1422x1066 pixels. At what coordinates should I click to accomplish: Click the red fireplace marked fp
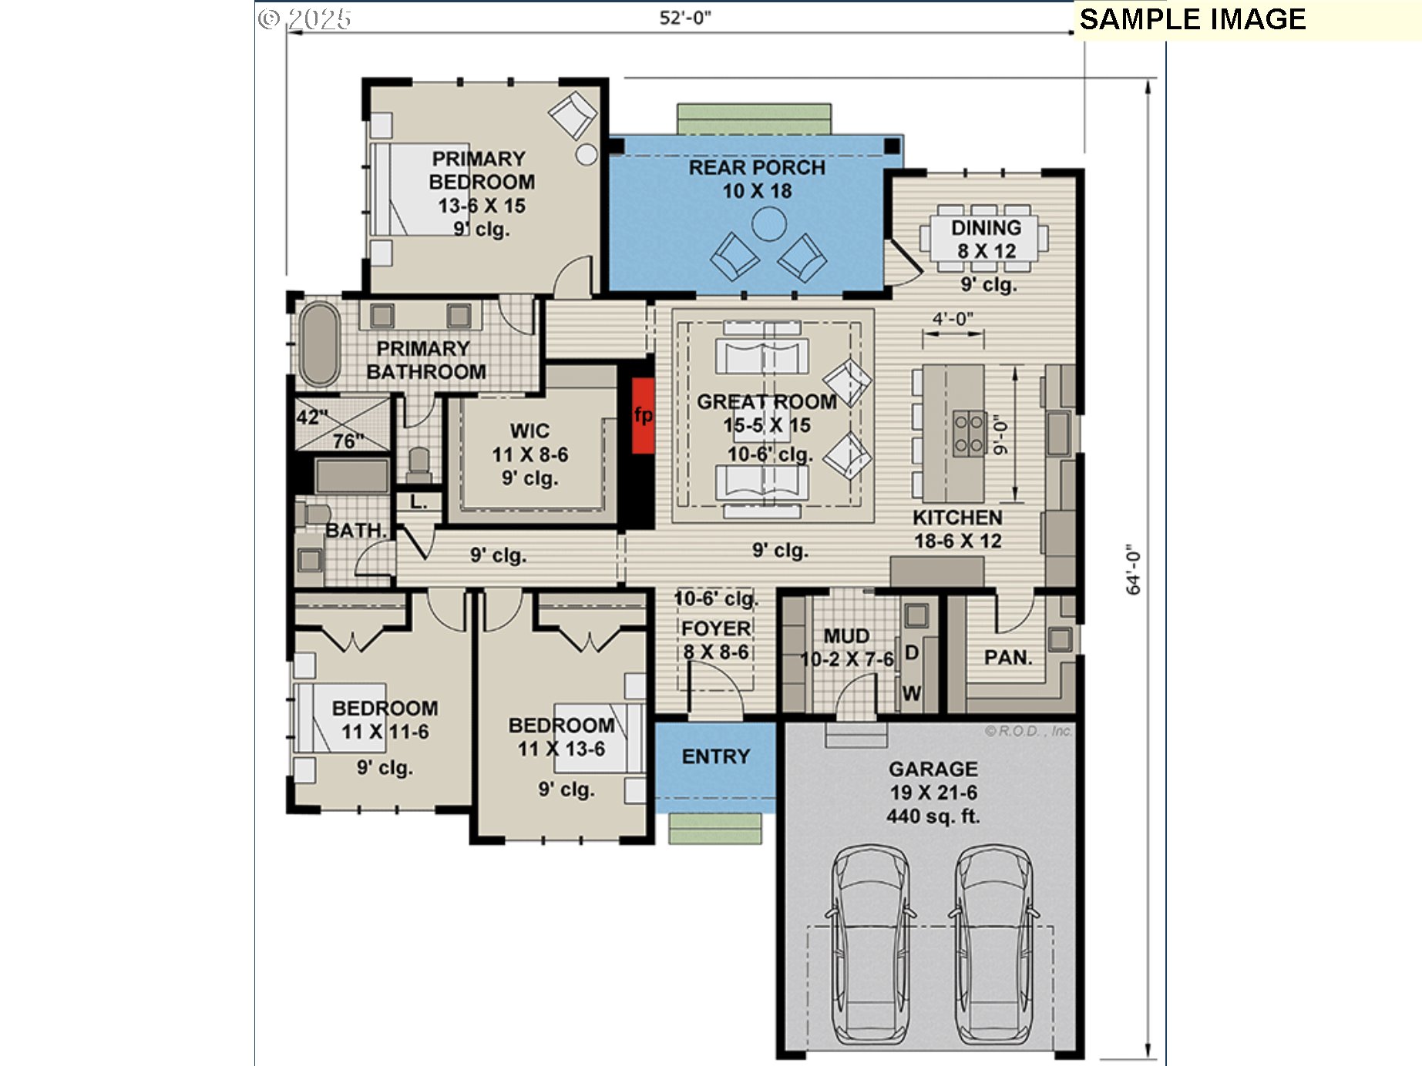click(x=644, y=415)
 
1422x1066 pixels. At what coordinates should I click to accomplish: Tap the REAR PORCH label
click(x=757, y=167)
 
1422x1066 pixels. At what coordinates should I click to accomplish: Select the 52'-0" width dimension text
click(x=685, y=18)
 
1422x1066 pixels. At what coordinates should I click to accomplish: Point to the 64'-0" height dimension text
click(x=1133, y=569)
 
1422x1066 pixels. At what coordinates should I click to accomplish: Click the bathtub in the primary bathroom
click(x=319, y=344)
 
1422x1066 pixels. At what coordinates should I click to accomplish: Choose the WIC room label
click(x=530, y=431)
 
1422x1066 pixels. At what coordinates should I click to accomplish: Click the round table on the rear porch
click(x=769, y=225)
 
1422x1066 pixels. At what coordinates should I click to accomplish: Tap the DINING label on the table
click(x=987, y=228)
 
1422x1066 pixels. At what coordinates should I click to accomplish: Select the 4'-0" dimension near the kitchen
click(x=953, y=318)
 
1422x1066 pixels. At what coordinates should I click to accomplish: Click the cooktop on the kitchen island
click(x=969, y=434)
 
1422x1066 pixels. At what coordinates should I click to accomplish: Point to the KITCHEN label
click(x=958, y=518)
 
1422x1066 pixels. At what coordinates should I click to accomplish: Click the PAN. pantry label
click(x=1008, y=658)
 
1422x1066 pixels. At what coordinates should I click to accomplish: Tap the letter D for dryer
click(x=912, y=653)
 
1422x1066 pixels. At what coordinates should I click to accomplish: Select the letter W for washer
click(x=912, y=693)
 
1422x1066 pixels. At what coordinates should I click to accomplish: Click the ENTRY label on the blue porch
click(x=716, y=756)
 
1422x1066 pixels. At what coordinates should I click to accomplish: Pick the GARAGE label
click(x=933, y=769)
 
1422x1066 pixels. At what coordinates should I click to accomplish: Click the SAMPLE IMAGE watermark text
click(x=1193, y=19)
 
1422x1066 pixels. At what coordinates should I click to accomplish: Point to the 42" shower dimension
click(x=312, y=417)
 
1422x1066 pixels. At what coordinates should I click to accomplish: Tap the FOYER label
click(x=716, y=629)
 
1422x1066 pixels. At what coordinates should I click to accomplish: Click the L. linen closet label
click(x=419, y=502)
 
